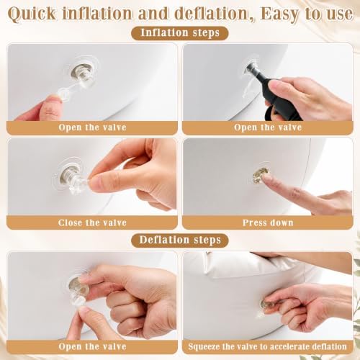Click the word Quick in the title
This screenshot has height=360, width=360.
pos(32,14)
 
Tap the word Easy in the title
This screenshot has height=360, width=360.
pos(280,14)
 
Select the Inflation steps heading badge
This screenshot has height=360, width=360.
pos(180,33)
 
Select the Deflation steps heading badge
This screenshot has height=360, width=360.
pos(180,240)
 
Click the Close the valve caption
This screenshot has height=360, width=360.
pos(92,222)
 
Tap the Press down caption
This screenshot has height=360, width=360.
pos(268,222)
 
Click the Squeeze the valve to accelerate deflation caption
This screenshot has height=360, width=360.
pos(268,346)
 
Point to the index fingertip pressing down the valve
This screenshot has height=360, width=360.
pos(266,177)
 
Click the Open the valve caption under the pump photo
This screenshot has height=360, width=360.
pos(268,127)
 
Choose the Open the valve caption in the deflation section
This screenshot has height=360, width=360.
pos(92,346)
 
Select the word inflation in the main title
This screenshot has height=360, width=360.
pos(97,14)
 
